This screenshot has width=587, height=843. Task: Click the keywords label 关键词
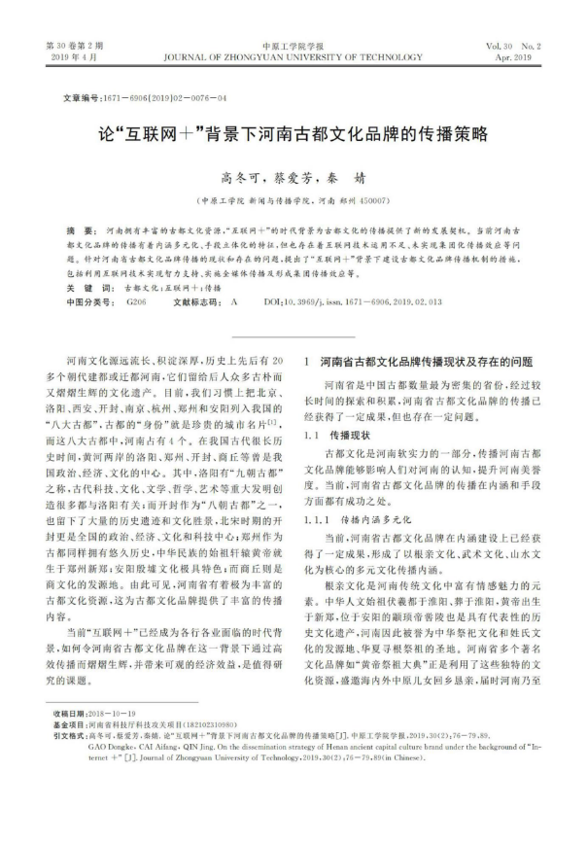point(80,289)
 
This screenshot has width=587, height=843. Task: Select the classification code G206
point(135,303)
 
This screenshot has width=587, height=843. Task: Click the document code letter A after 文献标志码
point(233,303)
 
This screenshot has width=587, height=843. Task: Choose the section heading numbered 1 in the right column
point(419,362)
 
